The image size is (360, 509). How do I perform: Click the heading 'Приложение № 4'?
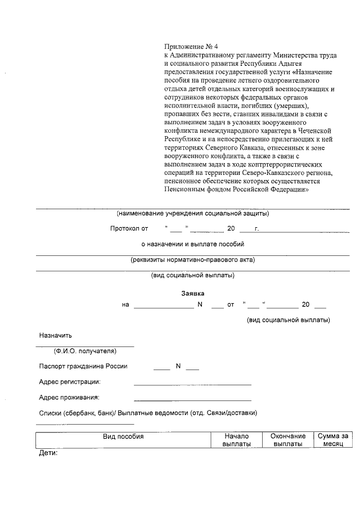(x=188, y=46)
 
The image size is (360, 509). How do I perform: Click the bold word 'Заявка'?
(x=192, y=294)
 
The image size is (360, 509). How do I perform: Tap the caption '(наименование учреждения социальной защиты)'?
(x=192, y=214)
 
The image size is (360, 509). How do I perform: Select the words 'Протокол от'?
(x=129, y=229)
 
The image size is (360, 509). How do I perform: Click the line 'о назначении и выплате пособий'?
(x=192, y=244)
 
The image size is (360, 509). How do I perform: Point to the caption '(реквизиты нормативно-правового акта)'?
(x=192, y=260)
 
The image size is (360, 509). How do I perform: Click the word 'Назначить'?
(x=56, y=336)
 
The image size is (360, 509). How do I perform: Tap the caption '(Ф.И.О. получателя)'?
(x=85, y=351)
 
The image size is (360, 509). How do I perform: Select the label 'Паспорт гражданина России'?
(x=83, y=366)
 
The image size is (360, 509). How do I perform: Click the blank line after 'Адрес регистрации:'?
(x=192, y=384)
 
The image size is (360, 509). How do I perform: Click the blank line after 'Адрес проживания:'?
(x=192, y=400)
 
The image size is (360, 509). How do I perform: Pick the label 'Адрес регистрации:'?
(x=70, y=382)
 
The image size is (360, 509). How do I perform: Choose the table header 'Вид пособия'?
(x=123, y=436)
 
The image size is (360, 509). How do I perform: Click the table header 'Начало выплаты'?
(x=236, y=440)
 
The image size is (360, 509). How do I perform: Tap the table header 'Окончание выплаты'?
(x=288, y=440)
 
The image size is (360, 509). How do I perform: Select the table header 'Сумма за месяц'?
(x=333, y=440)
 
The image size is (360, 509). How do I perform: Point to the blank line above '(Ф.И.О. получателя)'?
(x=85, y=346)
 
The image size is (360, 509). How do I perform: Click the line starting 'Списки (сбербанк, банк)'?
(x=148, y=413)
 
